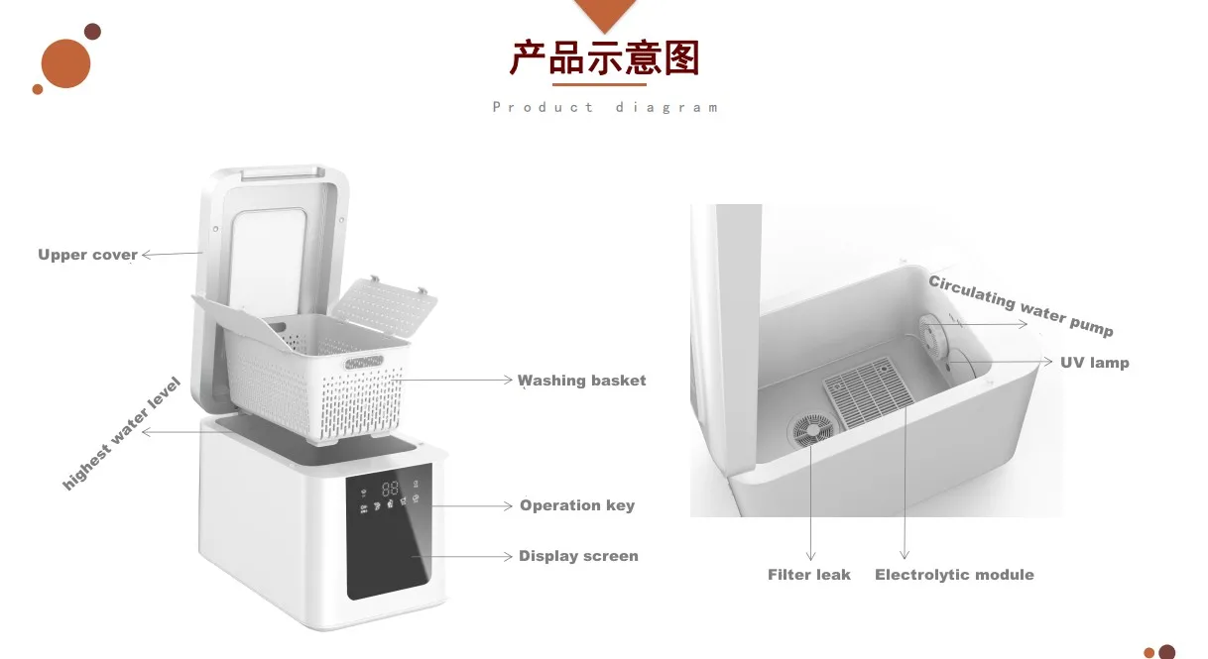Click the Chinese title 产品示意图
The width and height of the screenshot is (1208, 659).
pos(604,58)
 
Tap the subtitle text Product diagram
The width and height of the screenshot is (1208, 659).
pos(605,107)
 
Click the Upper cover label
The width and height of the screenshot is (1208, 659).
pos(87,255)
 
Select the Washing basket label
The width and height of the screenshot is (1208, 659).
pos(582,381)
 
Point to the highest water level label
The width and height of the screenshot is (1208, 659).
pos(121,434)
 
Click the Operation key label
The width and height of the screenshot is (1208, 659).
pos(576,505)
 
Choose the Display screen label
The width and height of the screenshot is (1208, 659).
pos(578,556)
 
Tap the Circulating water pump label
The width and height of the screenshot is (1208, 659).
pos(1021,305)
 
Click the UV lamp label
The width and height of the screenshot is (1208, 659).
pos(1094,363)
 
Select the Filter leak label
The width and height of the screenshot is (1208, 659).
pos(808,575)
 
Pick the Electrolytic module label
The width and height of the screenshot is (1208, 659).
pos(954,575)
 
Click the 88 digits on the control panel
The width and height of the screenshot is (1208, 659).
pos(390,488)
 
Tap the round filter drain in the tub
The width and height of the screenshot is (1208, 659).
pos(810,429)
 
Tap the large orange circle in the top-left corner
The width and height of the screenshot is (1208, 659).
pos(65,63)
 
